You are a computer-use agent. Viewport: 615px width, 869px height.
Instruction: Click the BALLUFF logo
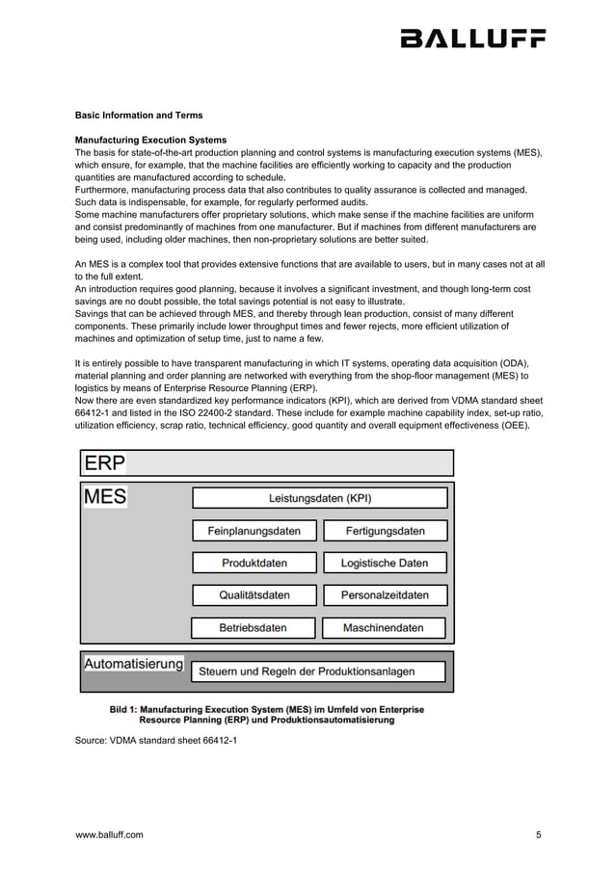(x=472, y=39)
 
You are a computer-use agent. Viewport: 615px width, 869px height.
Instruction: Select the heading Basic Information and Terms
(x=139, y=116)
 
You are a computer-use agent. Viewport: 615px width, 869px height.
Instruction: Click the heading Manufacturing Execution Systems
(x=151, y=140)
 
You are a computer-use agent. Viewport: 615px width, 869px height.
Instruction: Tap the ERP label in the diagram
(x=104, y=463)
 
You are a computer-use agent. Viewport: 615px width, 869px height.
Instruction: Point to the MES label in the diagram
(x=106, y=498)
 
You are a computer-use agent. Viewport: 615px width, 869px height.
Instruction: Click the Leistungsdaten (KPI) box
(x=319, y=498)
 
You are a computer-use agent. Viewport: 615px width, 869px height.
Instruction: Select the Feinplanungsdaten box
(x=254, y=531)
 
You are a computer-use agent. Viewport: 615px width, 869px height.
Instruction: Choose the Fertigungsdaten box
(x=384, y=531)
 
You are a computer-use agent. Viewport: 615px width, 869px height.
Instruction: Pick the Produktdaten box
(x=254, y=563)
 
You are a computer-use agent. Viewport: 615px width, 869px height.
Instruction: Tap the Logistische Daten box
(x=384, y=563)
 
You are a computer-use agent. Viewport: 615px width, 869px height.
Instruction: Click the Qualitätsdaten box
(x=254, y=595)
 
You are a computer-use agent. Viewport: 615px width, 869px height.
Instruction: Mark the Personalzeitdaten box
(x=384, y=595)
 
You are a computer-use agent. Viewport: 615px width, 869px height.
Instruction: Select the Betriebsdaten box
(x=254, y=628)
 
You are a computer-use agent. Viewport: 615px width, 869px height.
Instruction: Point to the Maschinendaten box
(x=384, y=628)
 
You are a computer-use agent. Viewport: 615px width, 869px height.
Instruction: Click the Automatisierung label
(x=133, y=665)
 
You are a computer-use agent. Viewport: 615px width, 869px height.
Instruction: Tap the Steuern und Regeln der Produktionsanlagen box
(x=319, y=671)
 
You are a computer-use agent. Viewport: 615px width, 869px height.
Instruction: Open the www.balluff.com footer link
(x=109, y=835)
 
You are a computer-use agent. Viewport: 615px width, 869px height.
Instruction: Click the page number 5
(x=539, y=835)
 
